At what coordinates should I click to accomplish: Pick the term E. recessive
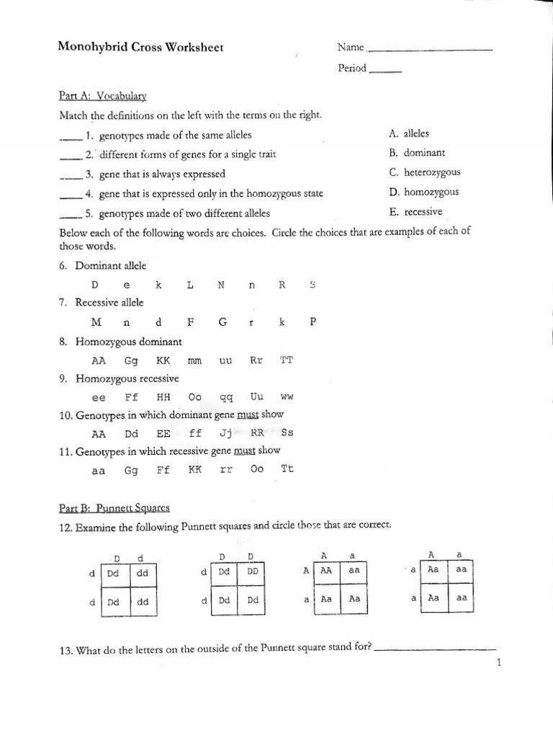(415, 212)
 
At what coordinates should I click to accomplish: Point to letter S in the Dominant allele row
(313, 285)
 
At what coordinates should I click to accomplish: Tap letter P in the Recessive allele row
(313, 322)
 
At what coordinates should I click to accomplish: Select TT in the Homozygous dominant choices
(286, 359)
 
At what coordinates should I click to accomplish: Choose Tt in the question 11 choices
(287, 468)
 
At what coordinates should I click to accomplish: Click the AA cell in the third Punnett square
(327, 569)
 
